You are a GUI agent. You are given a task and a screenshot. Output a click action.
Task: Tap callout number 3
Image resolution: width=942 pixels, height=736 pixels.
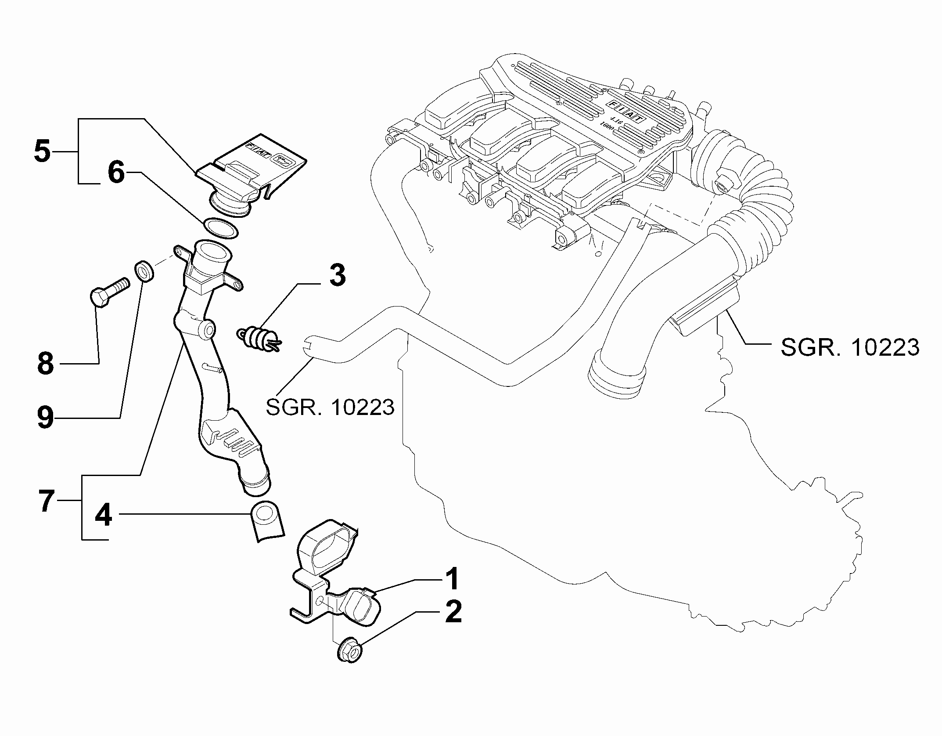(337, 275)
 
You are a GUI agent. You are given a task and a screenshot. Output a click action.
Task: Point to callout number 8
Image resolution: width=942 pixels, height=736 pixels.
(46, 363)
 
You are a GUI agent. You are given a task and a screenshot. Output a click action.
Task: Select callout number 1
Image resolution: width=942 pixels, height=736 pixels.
(452, 579)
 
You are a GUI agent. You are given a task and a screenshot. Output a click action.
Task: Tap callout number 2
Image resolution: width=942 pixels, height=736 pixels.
(453, 612)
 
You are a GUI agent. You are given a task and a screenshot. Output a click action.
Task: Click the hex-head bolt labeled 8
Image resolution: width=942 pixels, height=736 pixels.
(110, 291)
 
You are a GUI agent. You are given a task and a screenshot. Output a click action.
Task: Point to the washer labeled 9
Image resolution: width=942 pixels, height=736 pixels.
(144, 272)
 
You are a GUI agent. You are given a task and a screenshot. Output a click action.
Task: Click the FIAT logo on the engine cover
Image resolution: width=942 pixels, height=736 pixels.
(628, 112)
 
